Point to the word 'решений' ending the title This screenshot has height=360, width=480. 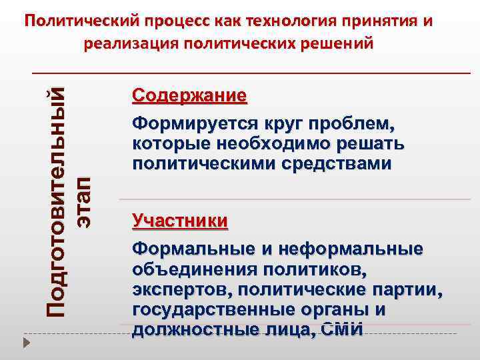coord(336,43)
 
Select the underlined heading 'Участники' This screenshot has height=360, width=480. coord(180,220)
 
